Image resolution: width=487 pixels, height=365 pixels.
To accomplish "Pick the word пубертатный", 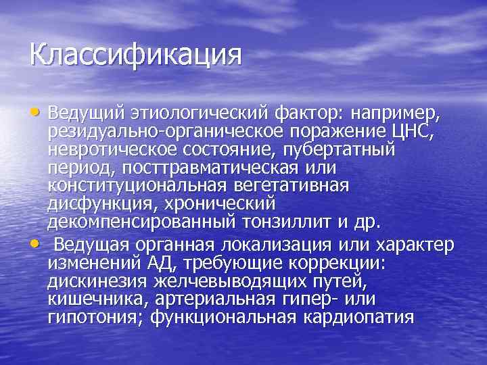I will pos(352,147).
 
